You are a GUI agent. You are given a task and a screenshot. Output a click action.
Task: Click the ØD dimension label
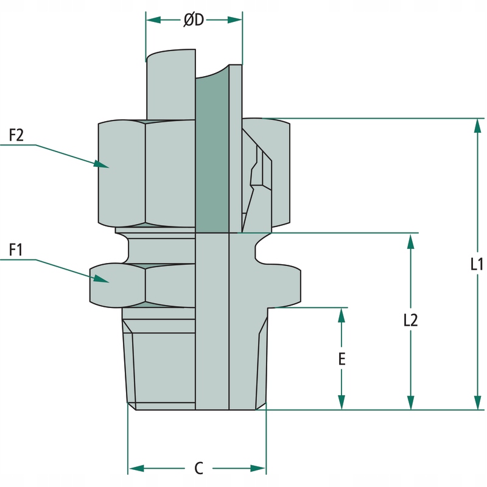click(194, 20)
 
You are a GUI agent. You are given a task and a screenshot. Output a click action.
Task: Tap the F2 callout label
click(16, 135)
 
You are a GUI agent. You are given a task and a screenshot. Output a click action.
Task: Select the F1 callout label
click(16, 250)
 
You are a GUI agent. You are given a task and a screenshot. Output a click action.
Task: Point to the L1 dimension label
click(477, 264)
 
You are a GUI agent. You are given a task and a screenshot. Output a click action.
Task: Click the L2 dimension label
click(411, 321)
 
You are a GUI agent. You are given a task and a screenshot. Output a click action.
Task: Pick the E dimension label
click(342, 359)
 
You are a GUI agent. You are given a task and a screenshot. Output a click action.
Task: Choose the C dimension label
click(198, 468)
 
